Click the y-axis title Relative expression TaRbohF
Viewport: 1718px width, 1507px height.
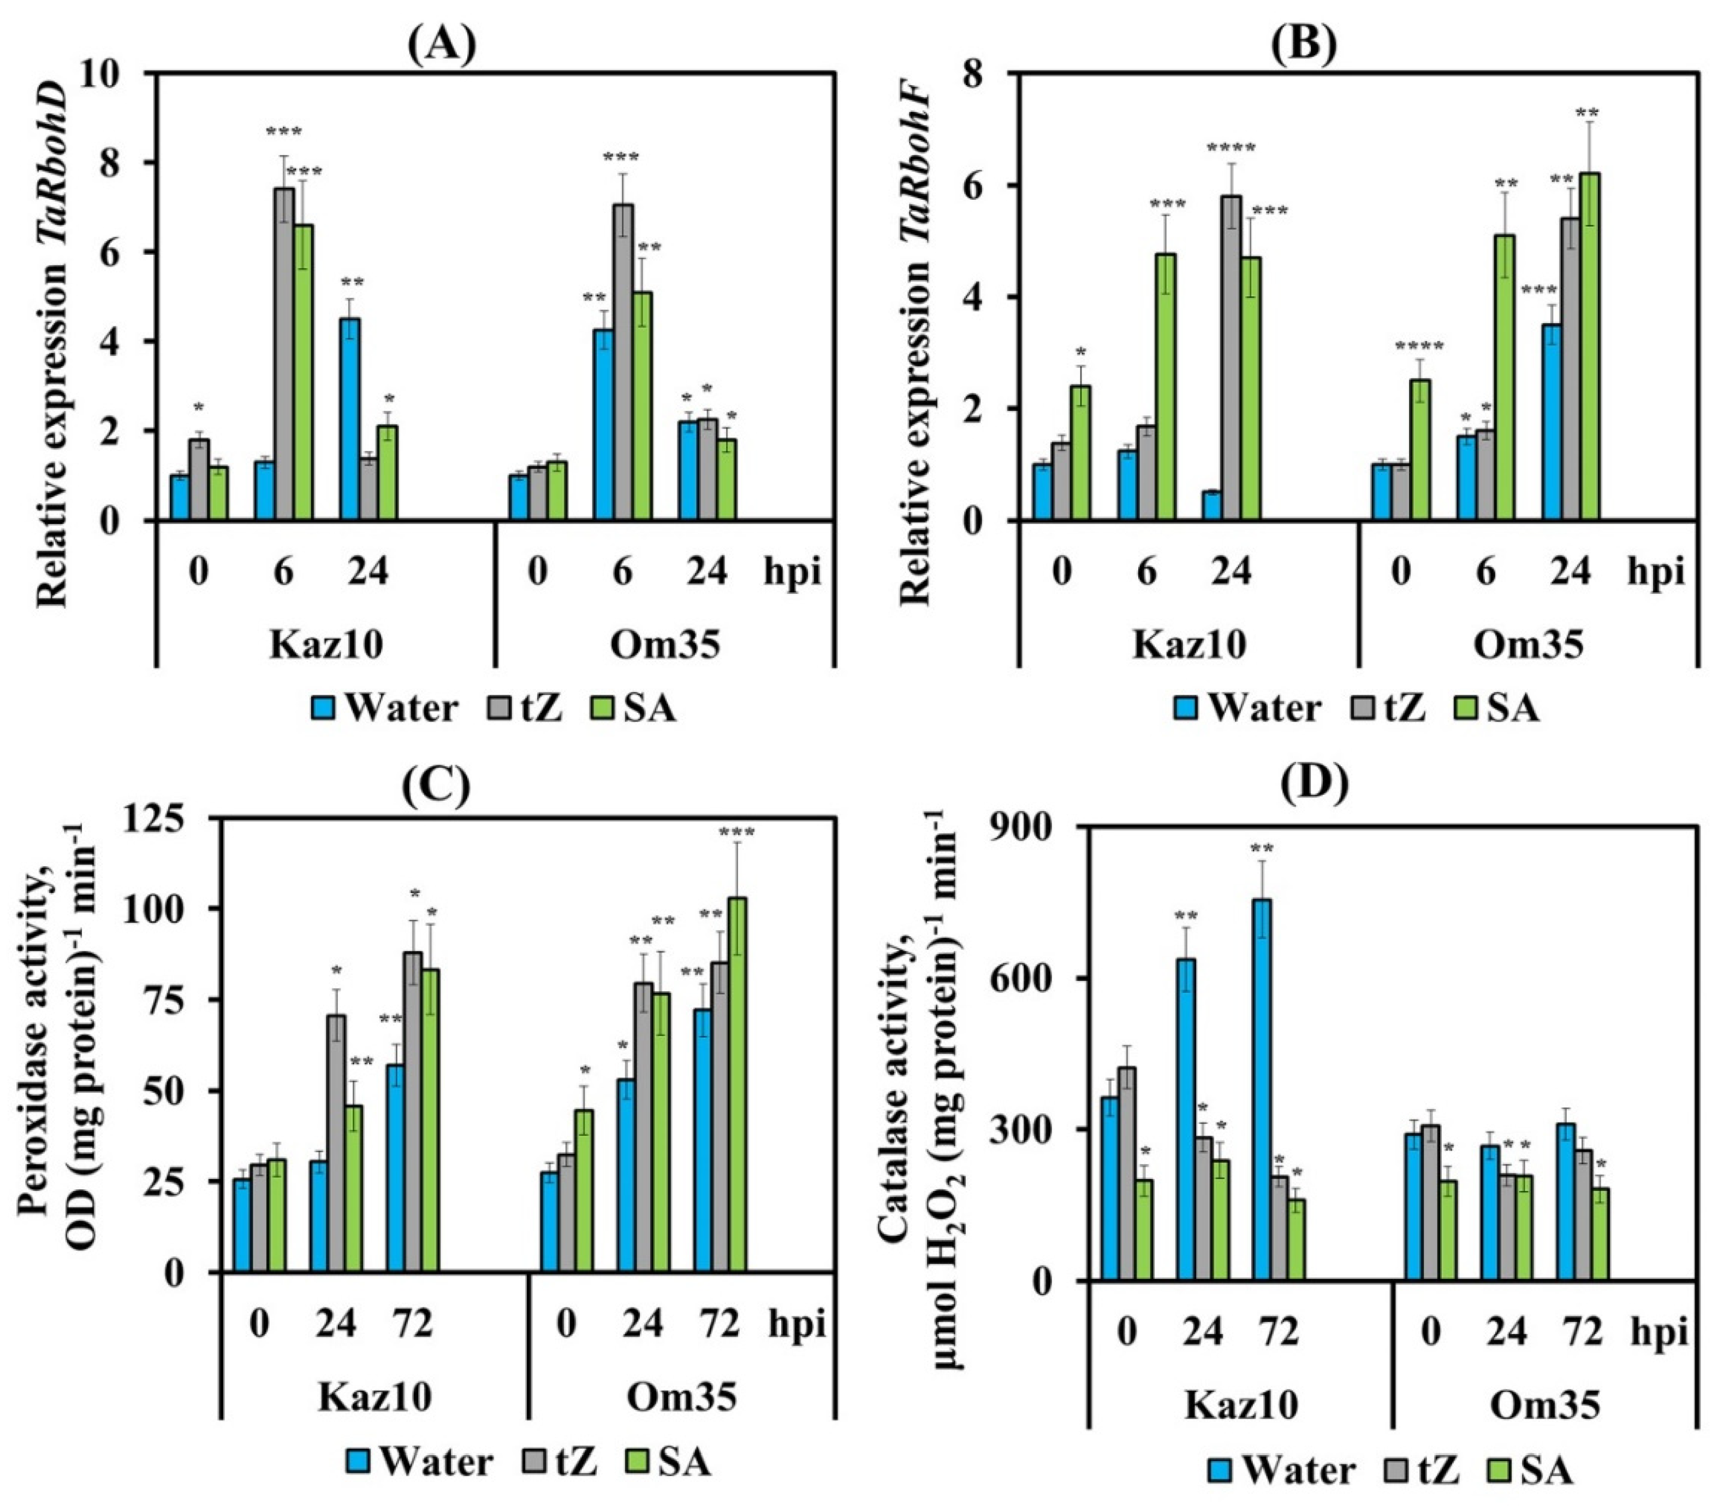point(920,336)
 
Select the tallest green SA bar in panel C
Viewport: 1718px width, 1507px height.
point(736,1084)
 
